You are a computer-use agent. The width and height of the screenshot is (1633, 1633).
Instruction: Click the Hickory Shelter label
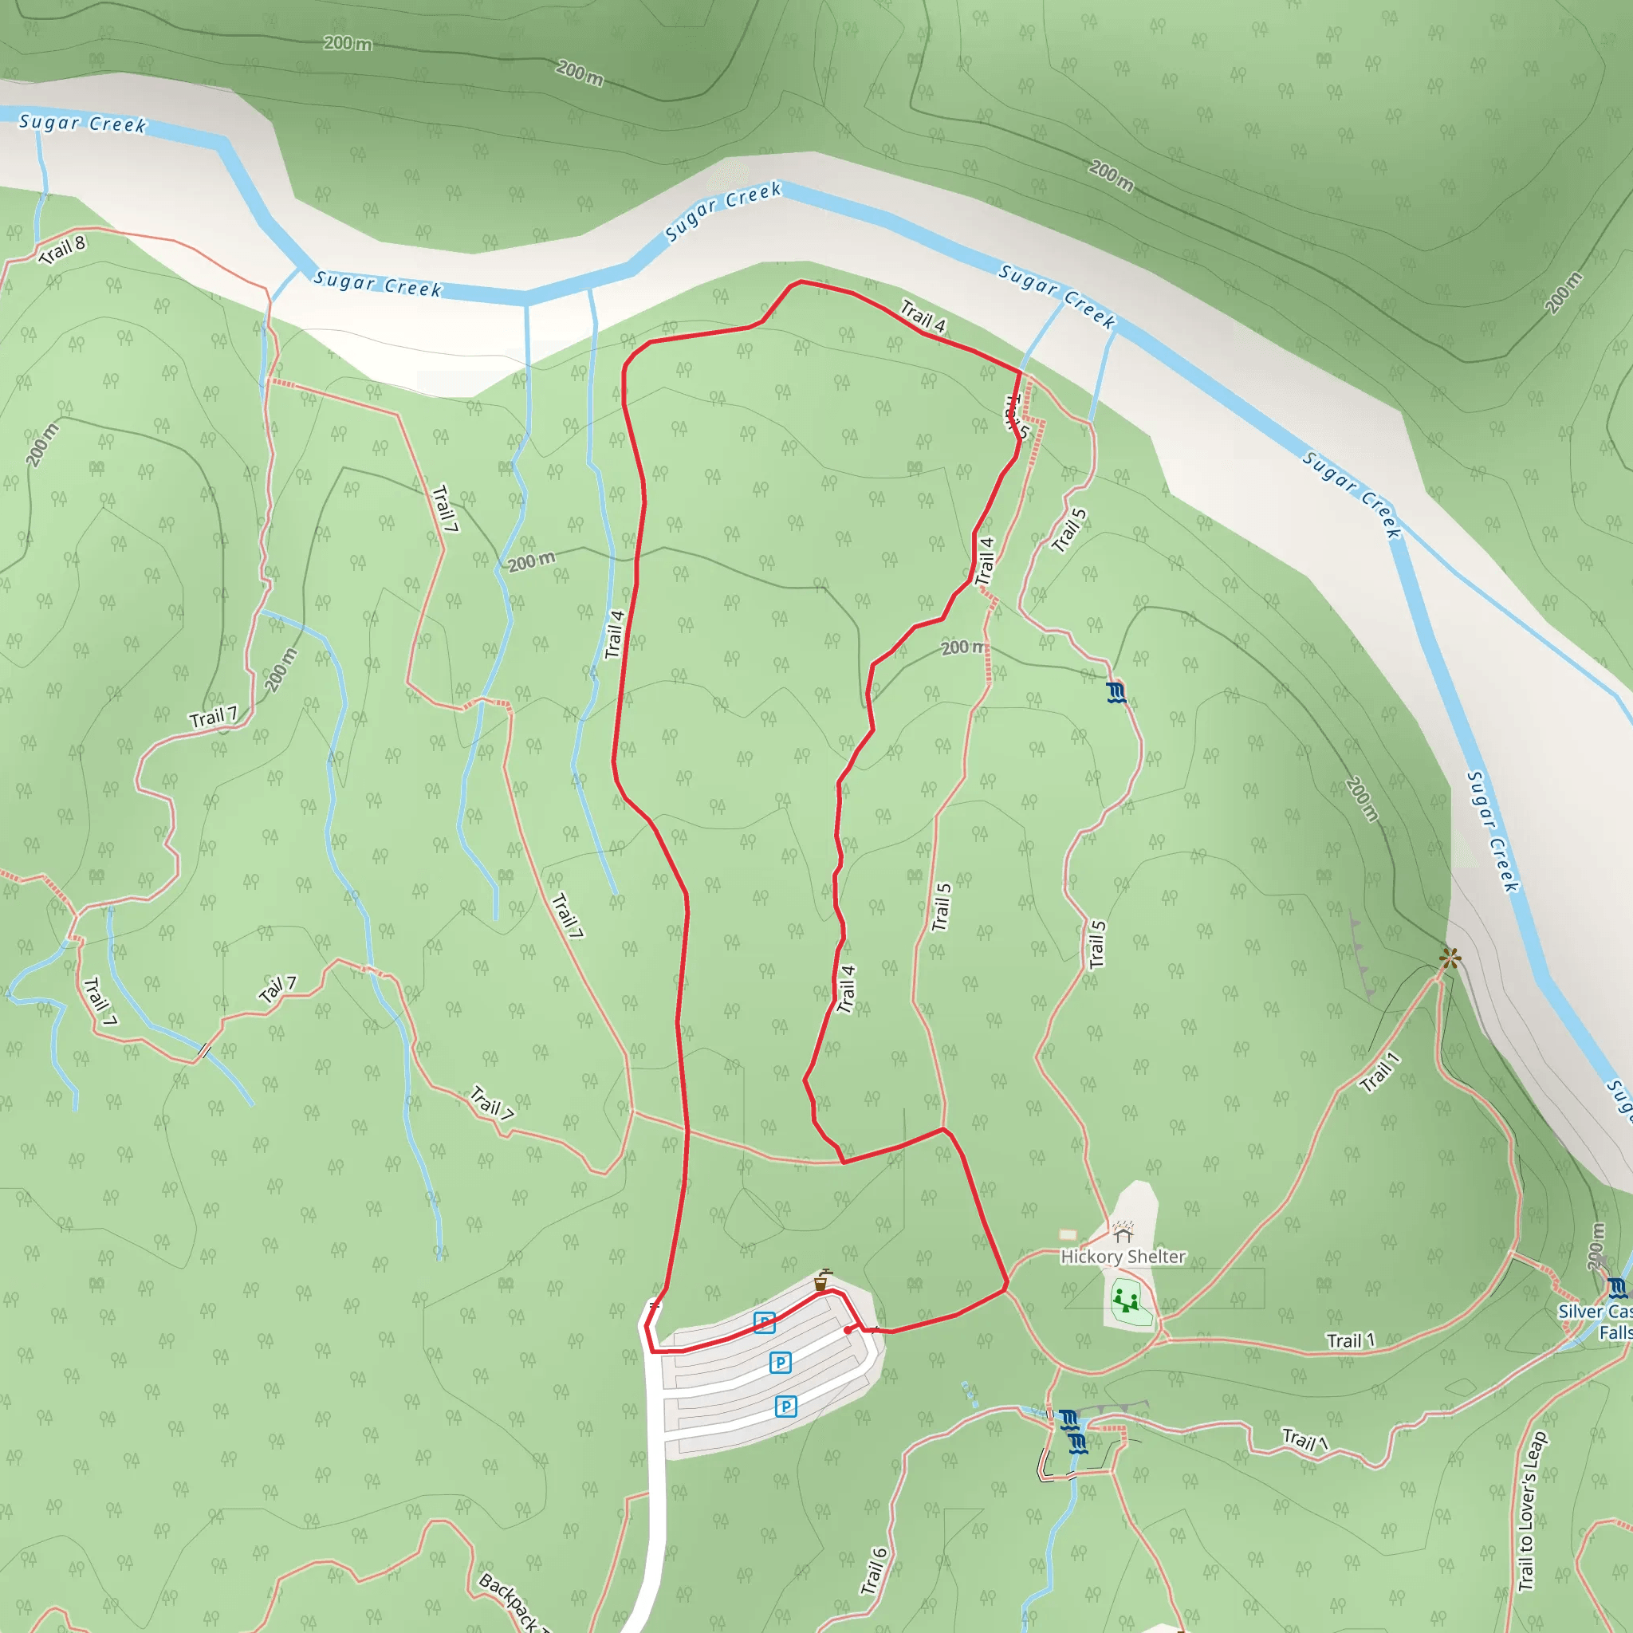pos(1123,1257)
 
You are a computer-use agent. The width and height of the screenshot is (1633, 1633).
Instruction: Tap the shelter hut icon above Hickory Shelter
pos(1123,1236)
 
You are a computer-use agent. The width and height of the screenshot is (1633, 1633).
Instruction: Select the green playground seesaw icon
pos(1125,1299)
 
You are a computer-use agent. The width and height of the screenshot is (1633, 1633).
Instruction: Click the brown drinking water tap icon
pos(820,1281)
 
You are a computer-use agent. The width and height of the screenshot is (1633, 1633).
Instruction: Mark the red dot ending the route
pos(848,1331)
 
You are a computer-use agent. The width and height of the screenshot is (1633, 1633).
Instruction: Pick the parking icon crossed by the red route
pos(764,1323)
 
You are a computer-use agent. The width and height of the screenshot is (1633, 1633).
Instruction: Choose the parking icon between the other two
pos(780,1363)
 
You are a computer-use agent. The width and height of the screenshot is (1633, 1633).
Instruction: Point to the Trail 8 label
pos(62,250)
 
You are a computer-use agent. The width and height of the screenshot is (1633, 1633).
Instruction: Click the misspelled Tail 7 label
pos(278,989)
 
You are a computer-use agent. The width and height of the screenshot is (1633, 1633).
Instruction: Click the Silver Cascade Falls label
pos(1597,1322)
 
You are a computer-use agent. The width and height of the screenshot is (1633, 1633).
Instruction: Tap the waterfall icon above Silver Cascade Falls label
pos(1616,1289)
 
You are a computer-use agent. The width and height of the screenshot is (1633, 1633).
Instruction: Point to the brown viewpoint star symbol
pos(1450,958)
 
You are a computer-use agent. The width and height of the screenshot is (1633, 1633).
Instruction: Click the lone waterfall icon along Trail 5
pos(1116,693)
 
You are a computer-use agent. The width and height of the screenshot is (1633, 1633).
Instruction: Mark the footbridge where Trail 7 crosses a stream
pos(203,1052)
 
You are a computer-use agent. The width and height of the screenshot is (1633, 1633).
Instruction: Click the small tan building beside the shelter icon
pos(1068,1235)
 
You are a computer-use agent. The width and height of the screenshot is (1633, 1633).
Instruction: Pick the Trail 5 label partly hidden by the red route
pos(1017,417)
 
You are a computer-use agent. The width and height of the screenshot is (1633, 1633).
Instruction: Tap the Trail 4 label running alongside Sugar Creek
pos(923,315)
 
